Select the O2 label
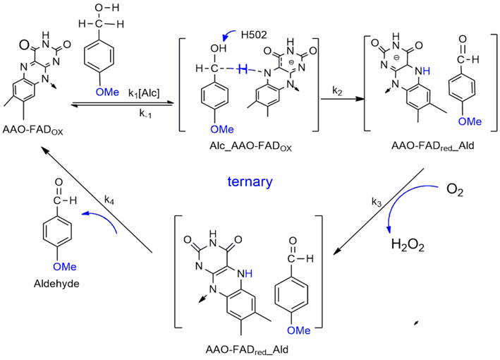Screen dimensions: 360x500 click(x=456, y=191)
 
